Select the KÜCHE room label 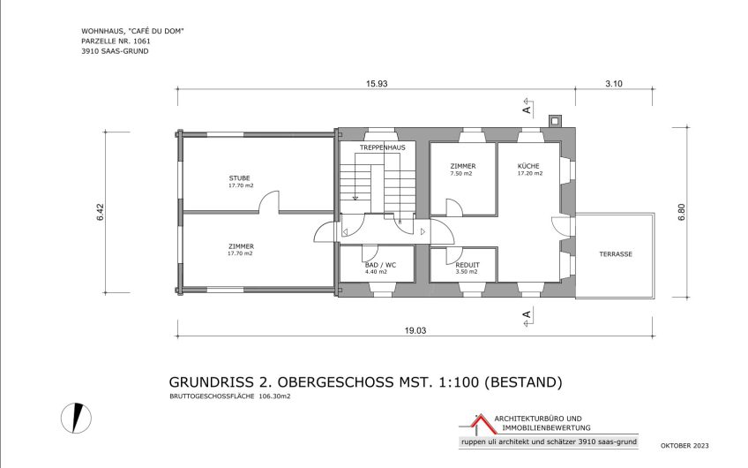[529, 166]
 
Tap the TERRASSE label [615, 253]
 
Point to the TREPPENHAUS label [382, 147]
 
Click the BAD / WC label [380, 265]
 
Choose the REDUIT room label [467, 265]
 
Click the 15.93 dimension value [377, 83]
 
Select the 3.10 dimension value [614, 83]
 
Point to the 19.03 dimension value [415, 330]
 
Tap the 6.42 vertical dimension [100, 213]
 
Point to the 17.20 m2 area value [529, 174]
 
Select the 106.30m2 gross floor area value [274, 397]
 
